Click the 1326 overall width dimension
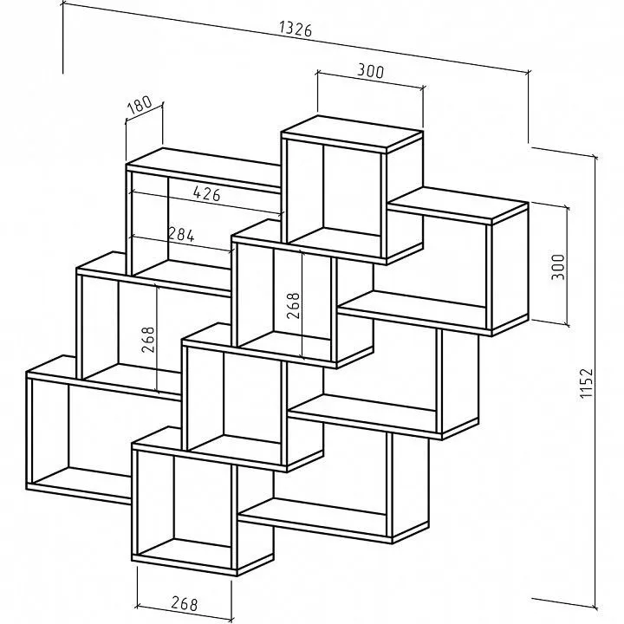pyautogui.click(x=296, y=29)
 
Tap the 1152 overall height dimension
pyautogui.click(x=587, y=383)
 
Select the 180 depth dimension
pyautogui.click(x=140, y=105)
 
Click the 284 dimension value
pyautogui.click(x=181, y=234)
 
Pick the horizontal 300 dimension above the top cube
pyautogui.click(x=371, y=71)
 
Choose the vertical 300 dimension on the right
pyautogui.click(x=558, y=267)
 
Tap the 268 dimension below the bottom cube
pyautogui.click(x=185, y=603)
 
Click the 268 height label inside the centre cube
pyautogui.click(x=293, y=306)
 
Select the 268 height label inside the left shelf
pyautogui.click(x=147, y=340)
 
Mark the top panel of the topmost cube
pyautogui.click(x=352, y=133)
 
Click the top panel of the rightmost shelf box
pyautogui.click(x=458, y=205)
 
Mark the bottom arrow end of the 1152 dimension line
pyautogui.click(x=595, y=608)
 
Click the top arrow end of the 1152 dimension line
pyautogui.click(x=595, y=156)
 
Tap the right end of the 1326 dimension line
pyautogui.click(x=529, y=72)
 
